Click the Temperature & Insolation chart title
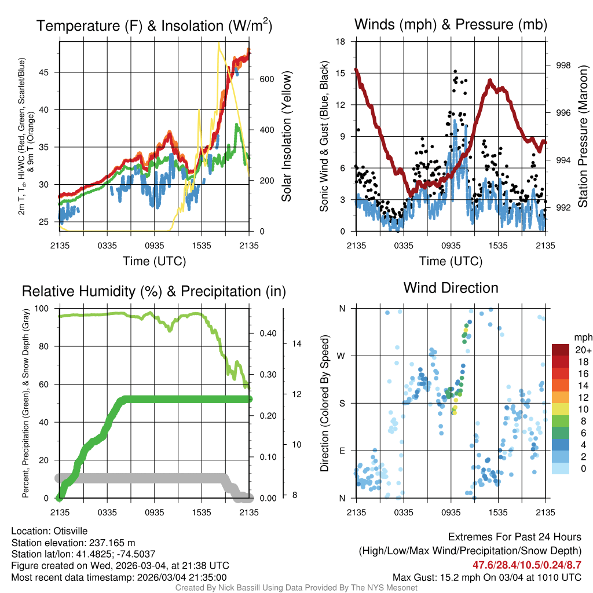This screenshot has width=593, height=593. click(154, 25)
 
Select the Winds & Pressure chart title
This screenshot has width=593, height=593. click(451, 24)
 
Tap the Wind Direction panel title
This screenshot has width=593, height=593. click(451, 288)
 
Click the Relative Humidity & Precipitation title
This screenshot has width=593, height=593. click(154, 291)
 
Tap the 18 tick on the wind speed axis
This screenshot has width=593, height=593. click(341, 42)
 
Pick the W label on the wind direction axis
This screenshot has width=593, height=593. click(342, 356)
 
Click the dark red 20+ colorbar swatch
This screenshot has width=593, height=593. click(561, 350)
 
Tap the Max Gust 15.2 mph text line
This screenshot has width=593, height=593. click(486, 577)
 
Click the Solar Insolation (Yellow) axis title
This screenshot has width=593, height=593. click(286, 136)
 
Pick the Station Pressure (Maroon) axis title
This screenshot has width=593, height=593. click(583, 136)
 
